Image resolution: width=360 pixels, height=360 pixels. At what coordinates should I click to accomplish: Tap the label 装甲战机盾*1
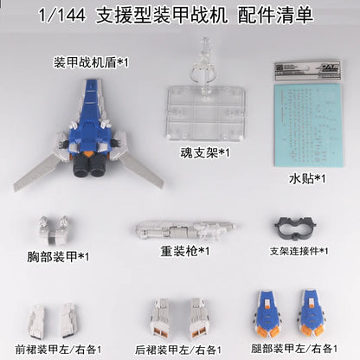click(87, 61)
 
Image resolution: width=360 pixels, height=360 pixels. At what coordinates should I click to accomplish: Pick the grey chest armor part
click(51, 230)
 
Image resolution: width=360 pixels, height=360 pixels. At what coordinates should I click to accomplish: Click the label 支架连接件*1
click(299, 251)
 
